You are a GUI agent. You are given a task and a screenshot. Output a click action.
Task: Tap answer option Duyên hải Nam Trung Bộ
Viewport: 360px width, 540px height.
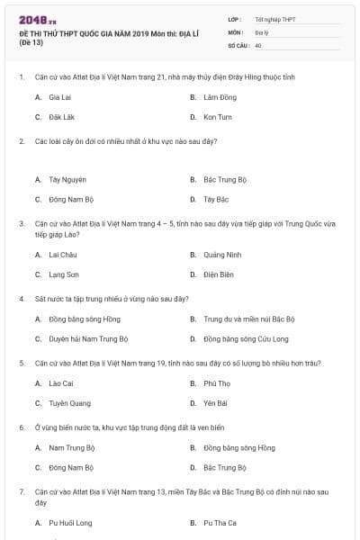coord(85,339)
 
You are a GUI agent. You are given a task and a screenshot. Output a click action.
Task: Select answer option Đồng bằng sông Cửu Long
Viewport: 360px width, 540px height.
coord(246,339)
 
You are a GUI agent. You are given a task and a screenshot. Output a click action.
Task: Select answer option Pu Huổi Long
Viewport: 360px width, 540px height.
coord(70,523)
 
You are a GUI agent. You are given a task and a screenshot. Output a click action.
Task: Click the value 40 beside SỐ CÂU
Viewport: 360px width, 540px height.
coord(258,44)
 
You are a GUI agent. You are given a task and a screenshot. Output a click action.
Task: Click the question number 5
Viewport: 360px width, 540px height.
coord(22,363)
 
